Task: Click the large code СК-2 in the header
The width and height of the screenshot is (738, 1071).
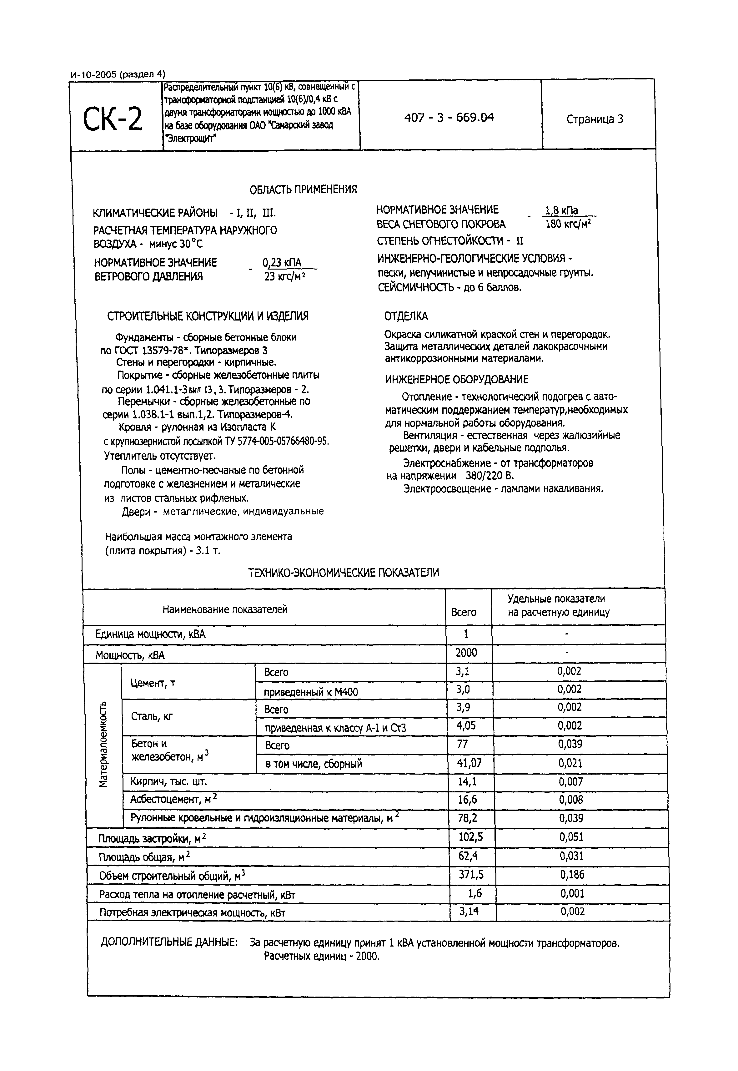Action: click(113, 119)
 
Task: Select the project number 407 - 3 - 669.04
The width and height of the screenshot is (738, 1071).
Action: click(449, 118)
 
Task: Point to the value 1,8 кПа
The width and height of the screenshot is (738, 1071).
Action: click(561, 210)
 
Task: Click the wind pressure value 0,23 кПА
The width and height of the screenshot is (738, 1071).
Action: click(282, 263)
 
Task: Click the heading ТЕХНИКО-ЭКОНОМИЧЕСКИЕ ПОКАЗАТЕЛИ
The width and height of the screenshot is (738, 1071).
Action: click(343, 573)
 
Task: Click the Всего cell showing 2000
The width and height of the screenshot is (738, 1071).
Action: click(466, 653)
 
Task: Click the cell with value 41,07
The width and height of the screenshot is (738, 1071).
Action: click(469, 763)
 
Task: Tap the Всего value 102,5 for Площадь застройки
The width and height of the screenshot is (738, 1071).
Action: click(470, 837)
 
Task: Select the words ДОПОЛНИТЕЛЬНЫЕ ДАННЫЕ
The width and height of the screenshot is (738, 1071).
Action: click(169, 942)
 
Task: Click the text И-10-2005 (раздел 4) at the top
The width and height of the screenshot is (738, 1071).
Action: click(118, 74)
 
